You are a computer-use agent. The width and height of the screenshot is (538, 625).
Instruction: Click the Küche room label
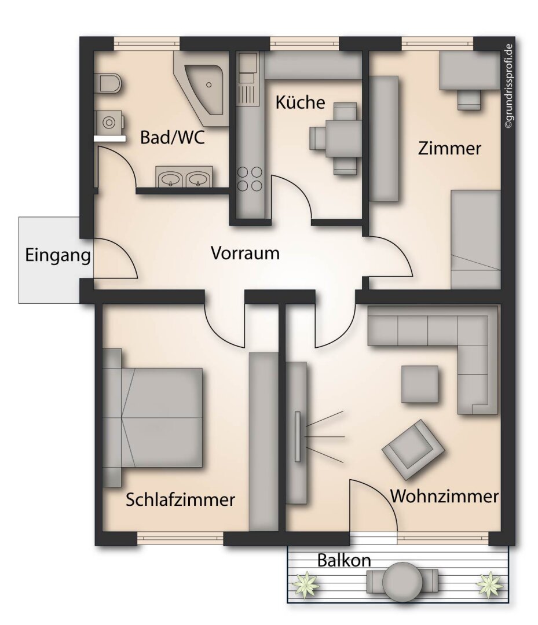(x=299, y=103)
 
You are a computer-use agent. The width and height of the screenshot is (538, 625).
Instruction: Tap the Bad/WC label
(x=173, y=138)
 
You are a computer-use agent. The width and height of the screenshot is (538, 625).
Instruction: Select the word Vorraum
(x=245, y=253)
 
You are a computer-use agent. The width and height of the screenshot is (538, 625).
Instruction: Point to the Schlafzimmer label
(x=180, y=499)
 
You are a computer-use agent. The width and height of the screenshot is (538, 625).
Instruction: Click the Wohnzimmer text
(x=444, y=497)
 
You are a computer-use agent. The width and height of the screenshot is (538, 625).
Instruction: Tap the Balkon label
(x=344, y=560)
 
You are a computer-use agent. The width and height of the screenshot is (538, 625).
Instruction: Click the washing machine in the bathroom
(x=108, y=122)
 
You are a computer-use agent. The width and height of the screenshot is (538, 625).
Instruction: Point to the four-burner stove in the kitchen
(x=250, y=179)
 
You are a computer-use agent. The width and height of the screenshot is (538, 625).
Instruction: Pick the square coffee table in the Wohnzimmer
(x=420, y=384)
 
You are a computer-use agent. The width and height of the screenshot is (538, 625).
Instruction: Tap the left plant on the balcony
(x=306, y=584)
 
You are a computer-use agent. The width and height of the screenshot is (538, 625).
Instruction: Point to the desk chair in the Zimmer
(x=469, y=100)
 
